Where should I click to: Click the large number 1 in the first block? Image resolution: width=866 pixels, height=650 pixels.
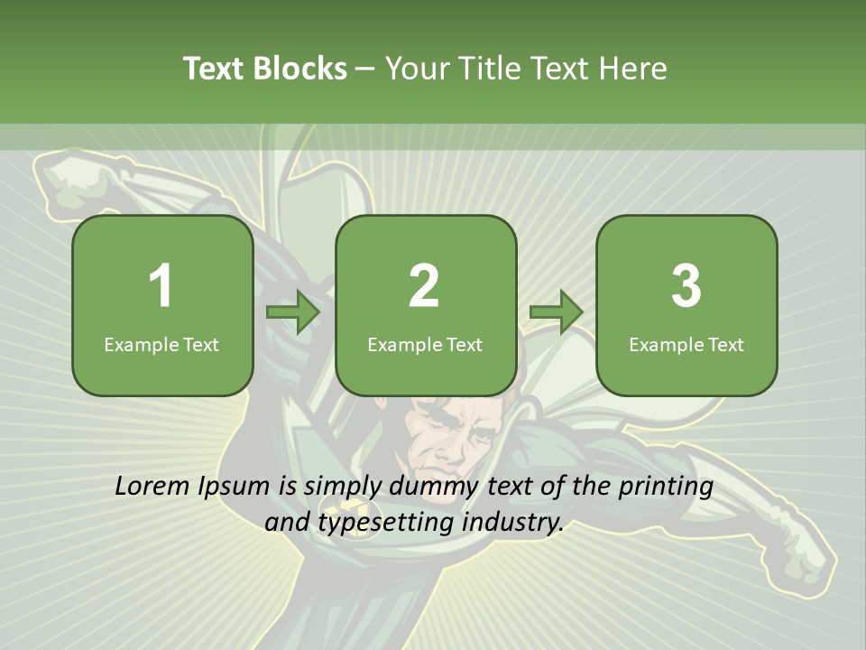161,286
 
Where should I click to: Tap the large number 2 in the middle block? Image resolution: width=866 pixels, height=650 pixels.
424,286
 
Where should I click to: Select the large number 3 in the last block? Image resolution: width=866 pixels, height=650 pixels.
686,286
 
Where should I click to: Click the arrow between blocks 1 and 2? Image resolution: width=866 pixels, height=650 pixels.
293,311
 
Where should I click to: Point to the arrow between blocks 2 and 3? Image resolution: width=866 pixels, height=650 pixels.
556,311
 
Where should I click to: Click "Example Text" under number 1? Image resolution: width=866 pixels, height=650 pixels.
161,344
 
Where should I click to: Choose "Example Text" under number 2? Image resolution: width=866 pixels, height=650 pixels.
425,344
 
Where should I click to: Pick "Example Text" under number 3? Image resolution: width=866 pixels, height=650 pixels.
686,344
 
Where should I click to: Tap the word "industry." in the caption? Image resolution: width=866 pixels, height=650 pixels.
512,522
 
